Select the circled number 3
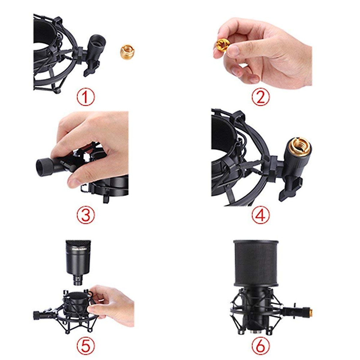point(85,215)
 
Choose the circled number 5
point(85,346)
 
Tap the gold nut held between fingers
point(223,45)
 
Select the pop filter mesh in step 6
point(256,262)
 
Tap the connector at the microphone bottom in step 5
point(78,281)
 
